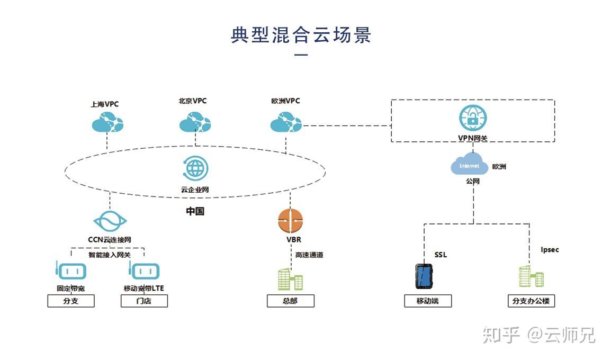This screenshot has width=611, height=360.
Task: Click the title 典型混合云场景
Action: click(301, 35)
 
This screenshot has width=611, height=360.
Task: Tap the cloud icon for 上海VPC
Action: click(107, 123)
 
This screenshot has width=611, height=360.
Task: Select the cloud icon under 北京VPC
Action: click(195, 123)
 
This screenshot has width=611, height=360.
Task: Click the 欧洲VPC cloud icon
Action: click(286, 123)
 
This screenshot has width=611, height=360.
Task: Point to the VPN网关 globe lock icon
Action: click(473, 118)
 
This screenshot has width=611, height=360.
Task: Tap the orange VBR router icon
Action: click(290, 221)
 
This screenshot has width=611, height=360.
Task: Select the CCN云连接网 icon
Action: click(110, 221)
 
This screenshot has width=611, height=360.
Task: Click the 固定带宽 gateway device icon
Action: click(70, 271)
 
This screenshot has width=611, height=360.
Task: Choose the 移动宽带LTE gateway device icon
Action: click(143, 271)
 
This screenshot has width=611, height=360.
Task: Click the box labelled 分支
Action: click(71, 301)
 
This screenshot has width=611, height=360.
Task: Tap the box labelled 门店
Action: click(144, 301)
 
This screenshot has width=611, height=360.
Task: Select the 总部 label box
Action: click(290, 301)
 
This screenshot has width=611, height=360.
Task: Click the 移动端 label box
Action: click(428, 301)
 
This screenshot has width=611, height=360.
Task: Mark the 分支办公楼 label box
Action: click(531, 301)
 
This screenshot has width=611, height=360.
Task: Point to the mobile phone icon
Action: click(424, 276)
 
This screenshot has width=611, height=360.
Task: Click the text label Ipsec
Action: click(550, 249)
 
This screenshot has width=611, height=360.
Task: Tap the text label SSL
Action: click(441, 255)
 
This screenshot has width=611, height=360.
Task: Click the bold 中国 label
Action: click(195, 211)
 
